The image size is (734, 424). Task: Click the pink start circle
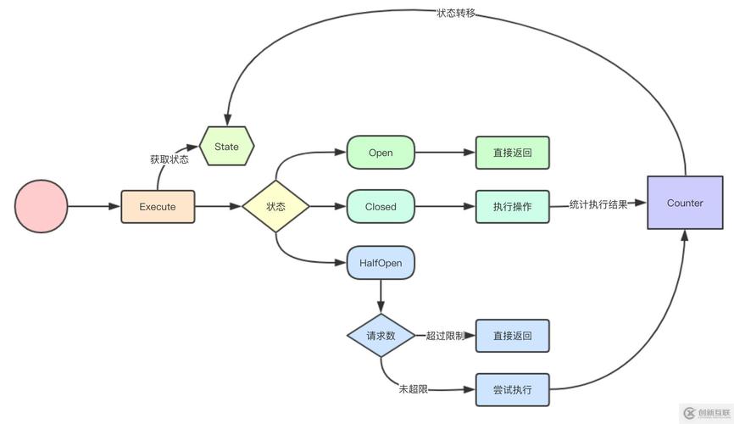(41, 206)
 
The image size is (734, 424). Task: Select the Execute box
(158, 206)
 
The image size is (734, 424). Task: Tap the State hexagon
(226, 147)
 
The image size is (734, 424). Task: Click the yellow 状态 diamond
(275, 206)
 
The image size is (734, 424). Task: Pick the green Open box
(381, 153)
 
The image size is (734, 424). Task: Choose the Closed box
(381, 206)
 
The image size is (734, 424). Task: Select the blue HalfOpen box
(381, 263)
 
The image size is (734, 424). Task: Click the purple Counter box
(685, 203)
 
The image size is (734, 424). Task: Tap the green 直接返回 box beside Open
(512, 153)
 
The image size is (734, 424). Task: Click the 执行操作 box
(512, 206)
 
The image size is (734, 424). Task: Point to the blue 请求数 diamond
(381, 336)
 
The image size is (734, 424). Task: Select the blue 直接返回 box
(512, 336)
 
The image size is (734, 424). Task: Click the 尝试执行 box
(512, 390)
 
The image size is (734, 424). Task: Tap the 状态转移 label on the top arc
(456, 13)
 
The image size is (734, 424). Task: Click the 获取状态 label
(170, 159)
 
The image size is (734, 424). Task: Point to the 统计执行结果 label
(598, 204)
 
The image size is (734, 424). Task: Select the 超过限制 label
(445, 336)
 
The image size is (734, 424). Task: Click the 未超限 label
(414, 389)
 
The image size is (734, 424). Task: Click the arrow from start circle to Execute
(93, 206)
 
